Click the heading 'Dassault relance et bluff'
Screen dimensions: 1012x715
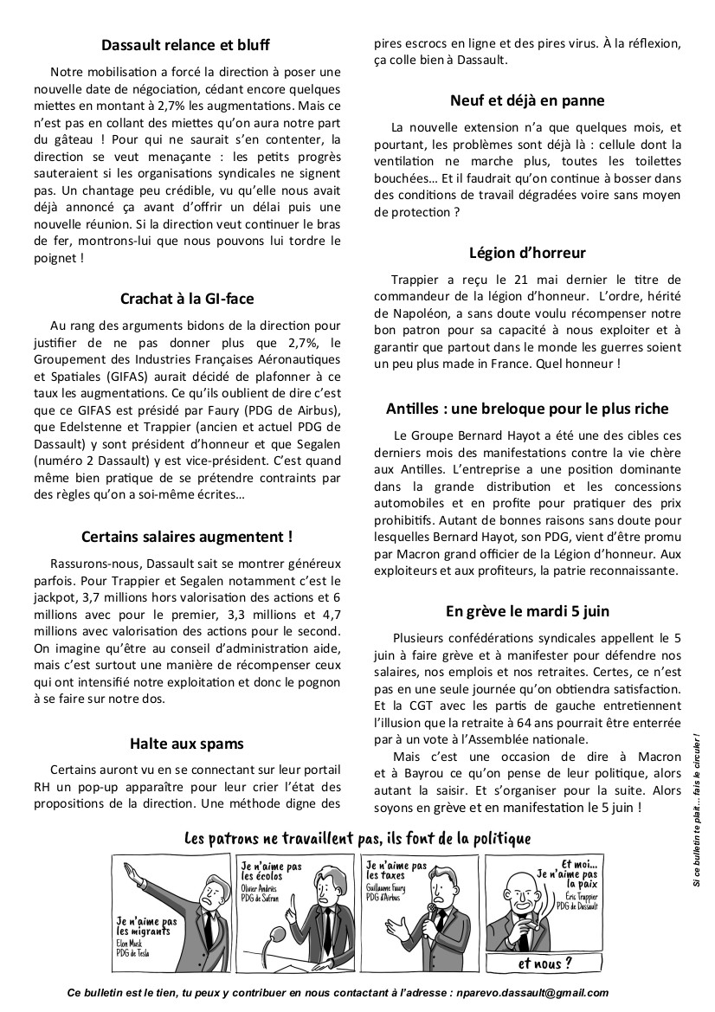tap(185, 43)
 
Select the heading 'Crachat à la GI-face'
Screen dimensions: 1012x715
tap(185, 299)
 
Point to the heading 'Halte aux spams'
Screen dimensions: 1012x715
tap(185, 743)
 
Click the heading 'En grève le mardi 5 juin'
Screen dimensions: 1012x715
tap(539, 610)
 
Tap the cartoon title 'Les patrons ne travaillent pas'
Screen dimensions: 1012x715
tap(357, 838)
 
